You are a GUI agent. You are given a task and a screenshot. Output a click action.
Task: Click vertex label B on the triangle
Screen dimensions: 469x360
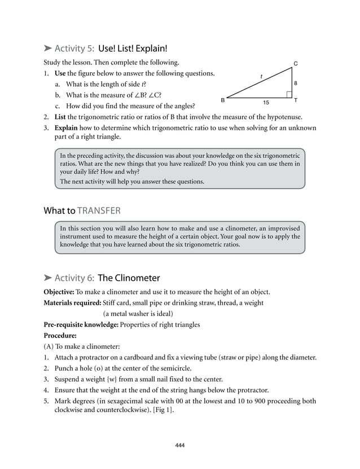[222, 100]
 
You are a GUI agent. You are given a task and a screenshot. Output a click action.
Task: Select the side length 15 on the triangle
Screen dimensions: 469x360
[266, 103]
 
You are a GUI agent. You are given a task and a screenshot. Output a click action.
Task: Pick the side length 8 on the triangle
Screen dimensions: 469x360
[296, 82]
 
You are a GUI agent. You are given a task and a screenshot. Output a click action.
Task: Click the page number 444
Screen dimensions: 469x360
[180, 445]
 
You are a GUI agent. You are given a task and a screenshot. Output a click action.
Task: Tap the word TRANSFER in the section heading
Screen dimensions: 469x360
[99, 211]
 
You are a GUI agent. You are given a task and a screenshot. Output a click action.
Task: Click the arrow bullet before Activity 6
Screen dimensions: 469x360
[48, 278]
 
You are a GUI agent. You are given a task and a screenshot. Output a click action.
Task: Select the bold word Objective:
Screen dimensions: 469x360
[59, 292]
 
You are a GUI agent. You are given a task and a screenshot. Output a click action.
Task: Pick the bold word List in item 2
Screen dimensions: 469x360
[60, 117]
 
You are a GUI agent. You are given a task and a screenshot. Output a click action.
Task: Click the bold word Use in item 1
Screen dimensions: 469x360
[60, 73]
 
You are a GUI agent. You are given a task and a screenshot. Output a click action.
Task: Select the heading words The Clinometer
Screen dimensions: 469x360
[129, 278]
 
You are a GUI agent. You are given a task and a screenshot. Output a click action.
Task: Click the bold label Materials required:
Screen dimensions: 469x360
[72, 303]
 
